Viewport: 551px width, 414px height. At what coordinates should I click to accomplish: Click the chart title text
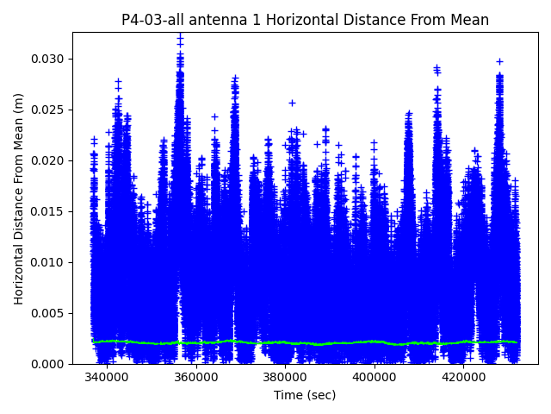305,20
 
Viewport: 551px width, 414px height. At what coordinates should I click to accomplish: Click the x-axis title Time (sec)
305,395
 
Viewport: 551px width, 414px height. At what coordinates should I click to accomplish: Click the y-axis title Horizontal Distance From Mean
19,198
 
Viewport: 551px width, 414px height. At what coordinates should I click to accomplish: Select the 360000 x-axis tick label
195,378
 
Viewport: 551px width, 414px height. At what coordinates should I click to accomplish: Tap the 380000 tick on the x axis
285,378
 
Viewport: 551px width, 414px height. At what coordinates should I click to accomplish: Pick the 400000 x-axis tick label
374,378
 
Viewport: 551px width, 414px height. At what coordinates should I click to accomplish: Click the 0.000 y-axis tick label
50,364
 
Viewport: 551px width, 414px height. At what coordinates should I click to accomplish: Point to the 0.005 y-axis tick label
50,313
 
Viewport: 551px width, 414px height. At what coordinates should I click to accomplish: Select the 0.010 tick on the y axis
50,262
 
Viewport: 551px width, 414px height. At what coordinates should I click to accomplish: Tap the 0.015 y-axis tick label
50,211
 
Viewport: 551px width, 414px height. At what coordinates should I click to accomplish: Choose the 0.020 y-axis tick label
50,160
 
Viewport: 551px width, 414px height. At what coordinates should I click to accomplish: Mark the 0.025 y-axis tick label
50,110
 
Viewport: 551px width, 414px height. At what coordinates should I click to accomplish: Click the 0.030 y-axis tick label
50,59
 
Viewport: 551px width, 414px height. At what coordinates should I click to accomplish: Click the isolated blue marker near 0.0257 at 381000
292,103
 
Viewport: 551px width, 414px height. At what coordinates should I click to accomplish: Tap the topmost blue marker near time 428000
499,61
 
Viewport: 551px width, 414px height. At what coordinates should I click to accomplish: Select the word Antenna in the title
219,20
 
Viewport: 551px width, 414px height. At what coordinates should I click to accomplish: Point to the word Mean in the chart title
469,20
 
